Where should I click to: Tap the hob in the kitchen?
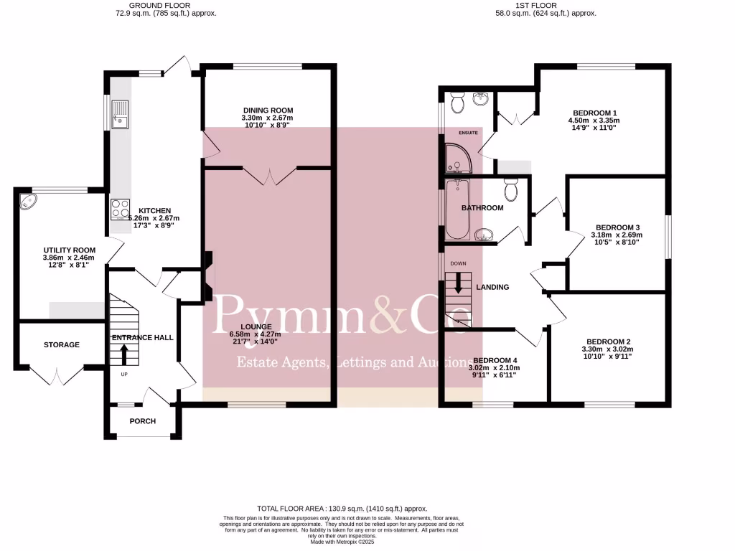(x=118, y=208)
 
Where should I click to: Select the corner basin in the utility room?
(x=29, y=200)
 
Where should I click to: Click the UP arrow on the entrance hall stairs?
(x=123, y=354)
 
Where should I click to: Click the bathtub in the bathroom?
(x=457, y=210)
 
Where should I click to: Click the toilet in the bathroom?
(x=510, y=190)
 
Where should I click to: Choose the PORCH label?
(x=142, y=421)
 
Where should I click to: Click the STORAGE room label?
(x=62, y=345)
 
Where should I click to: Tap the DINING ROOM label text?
(x=267, y=110)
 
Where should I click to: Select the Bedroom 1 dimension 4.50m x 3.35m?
(x=593, y=121)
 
